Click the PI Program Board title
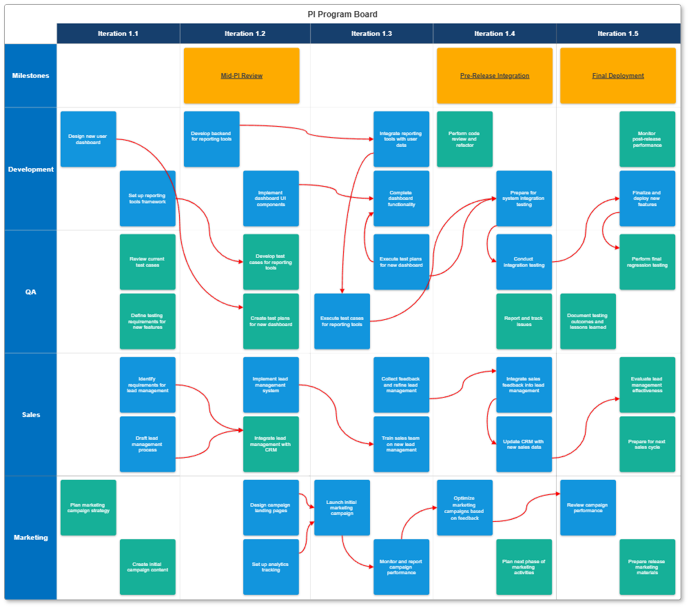coord(342,14)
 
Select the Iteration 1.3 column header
coord(371,33)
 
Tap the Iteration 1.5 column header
coord(617,33)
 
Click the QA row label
coord(31,292)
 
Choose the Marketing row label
coord(31,537)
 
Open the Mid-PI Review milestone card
coord(241,76)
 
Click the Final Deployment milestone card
coord(617,76)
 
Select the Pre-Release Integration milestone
coord(494,76)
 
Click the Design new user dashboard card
coord(88,139)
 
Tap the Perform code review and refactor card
coord(464,139)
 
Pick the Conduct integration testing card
coord(524,262)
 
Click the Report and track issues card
coord(524,321)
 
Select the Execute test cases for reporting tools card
coord(342,321)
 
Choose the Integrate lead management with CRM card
coord(271,444)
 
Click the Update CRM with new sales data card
coord(524,444)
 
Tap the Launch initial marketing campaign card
coord(342,507)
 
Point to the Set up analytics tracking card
coord(271,567)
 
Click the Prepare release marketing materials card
coord(647,567)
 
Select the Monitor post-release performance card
coord(647,139)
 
